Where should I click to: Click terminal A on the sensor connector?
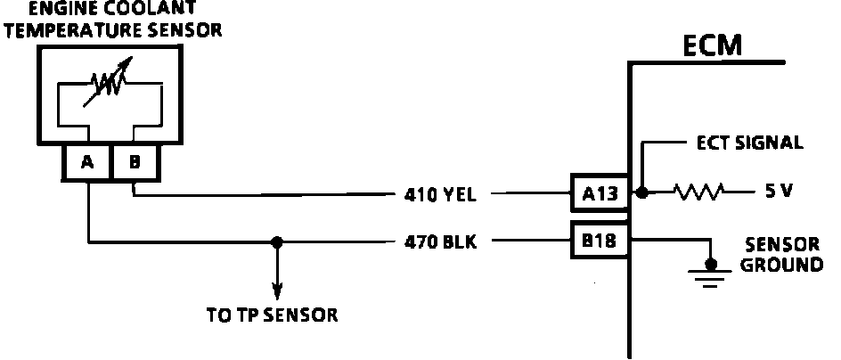point(86,162)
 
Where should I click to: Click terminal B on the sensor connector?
point(135,162)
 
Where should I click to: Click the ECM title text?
point(712,45)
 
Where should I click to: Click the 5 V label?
point(777,192)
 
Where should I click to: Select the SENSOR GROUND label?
point(783,257)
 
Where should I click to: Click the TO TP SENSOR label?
point(272,315)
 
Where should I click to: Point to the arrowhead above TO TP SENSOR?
point(277,291)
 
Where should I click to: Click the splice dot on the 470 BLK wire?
point(277,241)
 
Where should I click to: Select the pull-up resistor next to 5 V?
point(699,192)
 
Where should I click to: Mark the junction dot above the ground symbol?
point(710,265)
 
